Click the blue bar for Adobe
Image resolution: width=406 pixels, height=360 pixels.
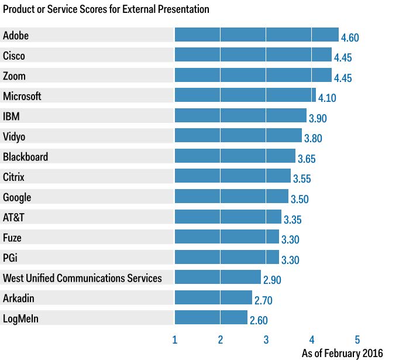tap(256, 35)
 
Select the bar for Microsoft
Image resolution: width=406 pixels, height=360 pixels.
tap(245, 95)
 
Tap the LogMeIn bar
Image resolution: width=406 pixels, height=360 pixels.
tap(211, 317)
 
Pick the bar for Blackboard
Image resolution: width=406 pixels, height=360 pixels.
tap(235, 156)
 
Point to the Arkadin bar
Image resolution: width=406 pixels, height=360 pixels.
tap(213, 297)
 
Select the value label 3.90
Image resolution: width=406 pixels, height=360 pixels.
tap(317, 119)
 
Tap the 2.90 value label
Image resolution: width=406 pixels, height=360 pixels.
tap(272, 280)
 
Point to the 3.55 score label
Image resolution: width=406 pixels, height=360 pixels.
tap(302, 180)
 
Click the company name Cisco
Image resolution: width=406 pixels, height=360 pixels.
tap(14, 56)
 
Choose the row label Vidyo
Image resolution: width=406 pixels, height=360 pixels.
tap(15, 136)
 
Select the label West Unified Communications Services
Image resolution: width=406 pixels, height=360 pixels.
tap(82, 277)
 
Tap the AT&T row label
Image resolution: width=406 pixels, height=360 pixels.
tap(15, 217)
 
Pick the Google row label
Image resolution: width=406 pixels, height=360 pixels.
tap(17, 197)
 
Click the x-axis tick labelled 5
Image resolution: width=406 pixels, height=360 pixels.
tap(357, 340)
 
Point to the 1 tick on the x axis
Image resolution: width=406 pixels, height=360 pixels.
tap(175, 340)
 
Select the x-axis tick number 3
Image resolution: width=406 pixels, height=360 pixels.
tap(266, 340)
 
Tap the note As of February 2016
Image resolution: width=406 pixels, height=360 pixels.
tap(342, 353)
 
